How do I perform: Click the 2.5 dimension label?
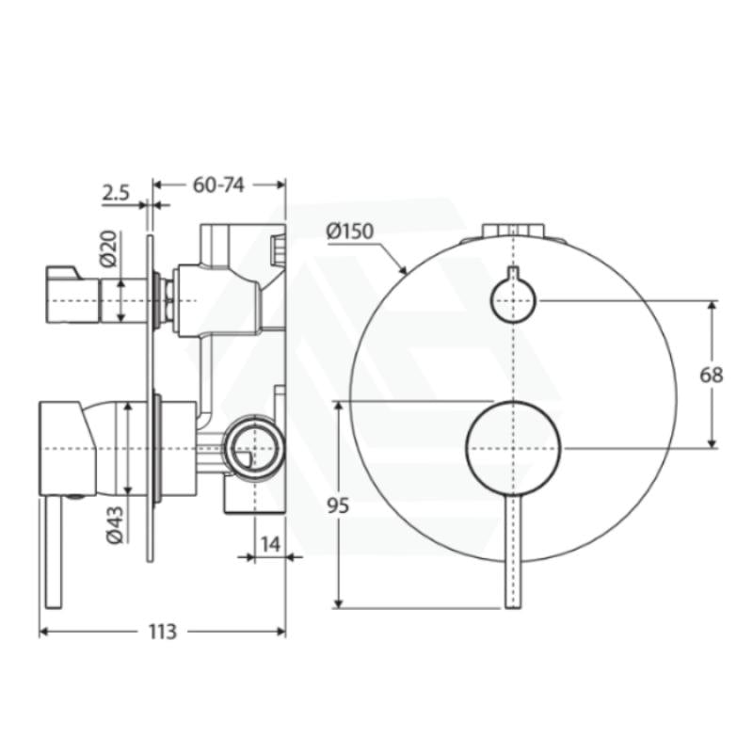click(x=116, y=193)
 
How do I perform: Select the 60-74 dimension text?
click(x=218, y=184)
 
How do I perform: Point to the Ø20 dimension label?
click(x=108, y=247)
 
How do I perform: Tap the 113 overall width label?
click(x=162, y=632)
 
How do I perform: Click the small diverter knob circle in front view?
click(x=513, y=300)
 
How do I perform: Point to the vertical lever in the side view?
click(x=49, y=555)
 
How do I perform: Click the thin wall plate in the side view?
click(x=149, y=395)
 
